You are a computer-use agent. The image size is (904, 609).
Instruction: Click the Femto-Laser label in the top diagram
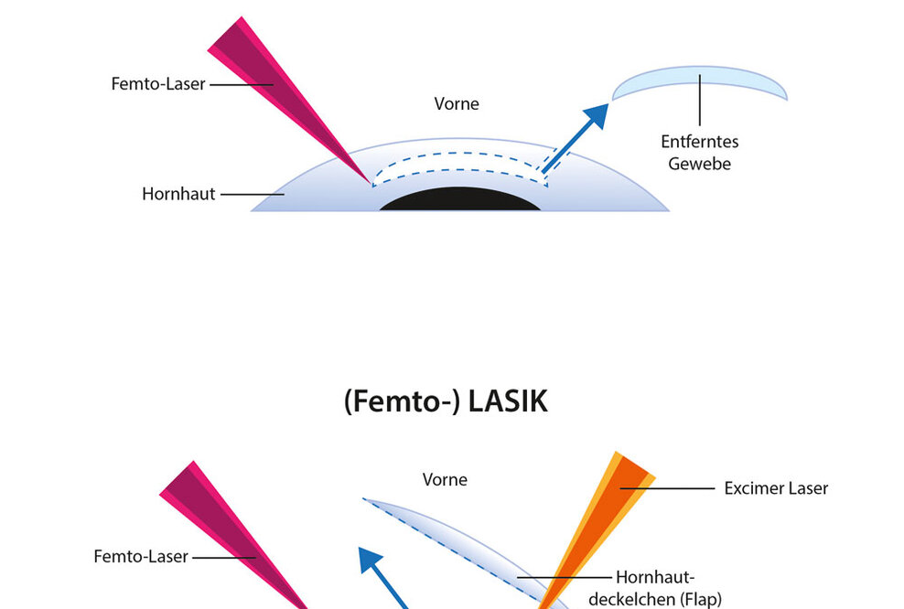pos(158,83)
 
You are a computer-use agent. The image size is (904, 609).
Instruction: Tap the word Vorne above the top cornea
pos(456,103)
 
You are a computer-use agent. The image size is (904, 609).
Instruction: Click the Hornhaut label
pos(178,194)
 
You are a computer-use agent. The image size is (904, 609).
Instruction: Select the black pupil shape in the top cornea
pos(460,200)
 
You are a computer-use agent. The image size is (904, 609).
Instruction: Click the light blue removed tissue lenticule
pos(699,83)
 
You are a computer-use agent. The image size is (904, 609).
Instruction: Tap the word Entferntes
pos(699,142)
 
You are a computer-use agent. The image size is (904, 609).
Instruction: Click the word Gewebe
pos(699,164)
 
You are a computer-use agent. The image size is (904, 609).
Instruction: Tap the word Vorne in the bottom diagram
pos(445,479)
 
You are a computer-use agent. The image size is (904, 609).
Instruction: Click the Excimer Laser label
pos(776,488)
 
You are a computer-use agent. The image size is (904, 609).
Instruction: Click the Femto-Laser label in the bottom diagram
pos(141,556)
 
